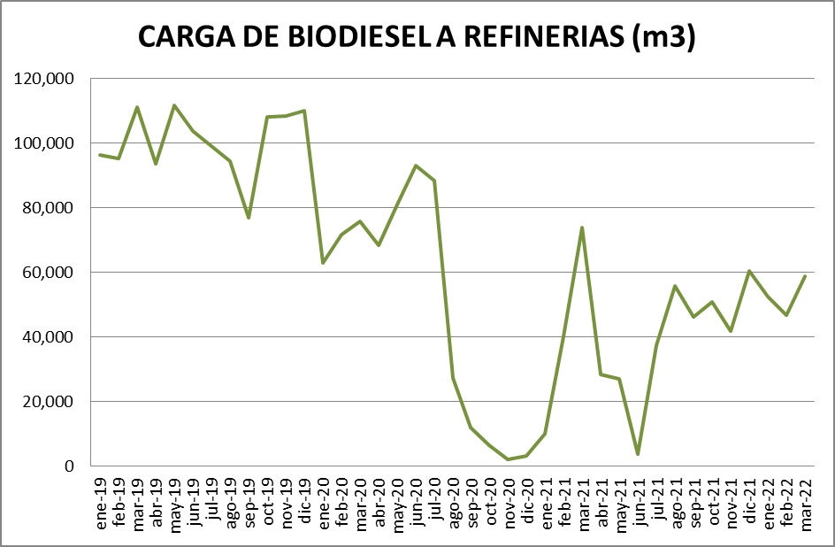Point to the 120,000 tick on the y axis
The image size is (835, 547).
(45, 79)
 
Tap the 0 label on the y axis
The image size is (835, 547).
(68, 466)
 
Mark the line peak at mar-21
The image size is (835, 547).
(582, 227)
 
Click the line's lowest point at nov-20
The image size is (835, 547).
(508, 459)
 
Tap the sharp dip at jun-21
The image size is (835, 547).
(638, 454)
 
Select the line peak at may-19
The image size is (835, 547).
(174, 105)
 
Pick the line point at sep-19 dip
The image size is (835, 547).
(249, 218)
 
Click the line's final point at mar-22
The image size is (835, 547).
(805, 276)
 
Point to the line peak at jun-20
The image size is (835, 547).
(416, 166)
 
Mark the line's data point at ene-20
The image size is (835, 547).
(323, 263)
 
